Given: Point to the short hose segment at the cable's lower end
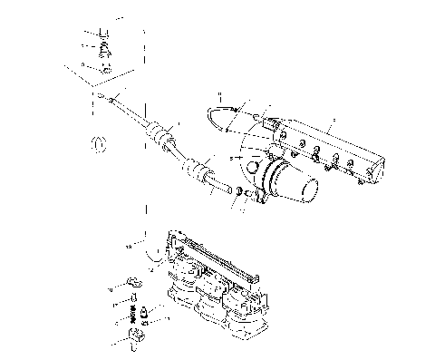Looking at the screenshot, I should (x=219, y=188).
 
